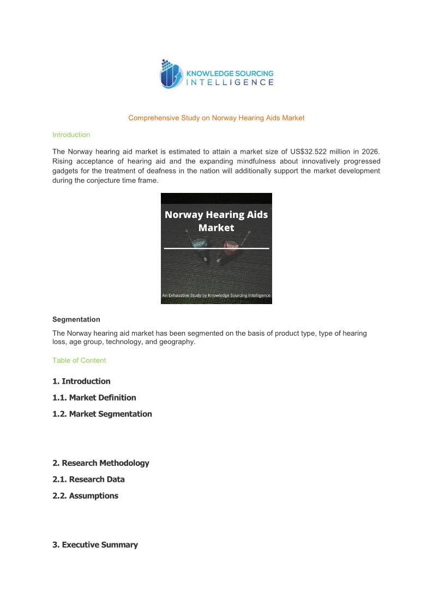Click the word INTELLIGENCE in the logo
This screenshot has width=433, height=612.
click(230, 83)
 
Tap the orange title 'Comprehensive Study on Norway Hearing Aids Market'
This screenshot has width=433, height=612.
click(216, 118)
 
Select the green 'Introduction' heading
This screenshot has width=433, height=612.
click(71, 135)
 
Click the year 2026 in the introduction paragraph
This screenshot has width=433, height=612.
click(369, 151)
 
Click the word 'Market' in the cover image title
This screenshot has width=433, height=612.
click(216, 228)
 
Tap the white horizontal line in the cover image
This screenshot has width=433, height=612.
click(216, 249)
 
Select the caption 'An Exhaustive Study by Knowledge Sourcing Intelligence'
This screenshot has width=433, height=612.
click(216, 296)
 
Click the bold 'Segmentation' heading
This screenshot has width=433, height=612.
click(76, 319)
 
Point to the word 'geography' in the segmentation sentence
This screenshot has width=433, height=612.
click(177, 342)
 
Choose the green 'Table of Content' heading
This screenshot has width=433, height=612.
click(79, 360)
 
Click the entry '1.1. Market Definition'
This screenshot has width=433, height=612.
click(94, 398)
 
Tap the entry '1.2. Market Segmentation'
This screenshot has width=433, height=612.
click(102, 414)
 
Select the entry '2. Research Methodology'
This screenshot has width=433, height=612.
click(101, 463)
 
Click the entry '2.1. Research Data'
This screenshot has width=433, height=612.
click(88, 480)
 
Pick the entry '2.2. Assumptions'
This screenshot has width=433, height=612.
click(85, 496)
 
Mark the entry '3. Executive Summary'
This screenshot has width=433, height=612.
click(95, 545)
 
